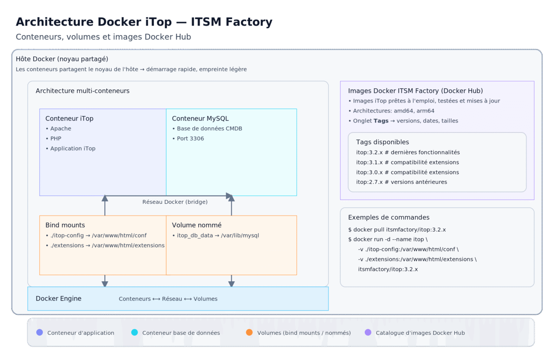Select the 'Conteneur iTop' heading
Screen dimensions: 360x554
pyautogui.click(x=69, y=119)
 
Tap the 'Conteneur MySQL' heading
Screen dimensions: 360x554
pyautogui.click(x=200, y=119)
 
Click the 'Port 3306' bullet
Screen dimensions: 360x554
pyautogui.click(x=190, y=138)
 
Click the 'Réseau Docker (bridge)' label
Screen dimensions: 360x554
pyautogui.click(x=175, y=202)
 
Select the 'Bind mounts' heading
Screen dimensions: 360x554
pyautogui.click(x=65, y=225)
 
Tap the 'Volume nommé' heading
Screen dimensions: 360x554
pyautogui.click(x=196, y=225)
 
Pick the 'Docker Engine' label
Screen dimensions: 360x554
pyautogui.click(x=58, y=299)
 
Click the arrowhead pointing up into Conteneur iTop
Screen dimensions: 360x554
pyautogui.click(x=105, y=198)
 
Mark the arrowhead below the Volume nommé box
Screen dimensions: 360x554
pyautogui.click(x=231, y=284)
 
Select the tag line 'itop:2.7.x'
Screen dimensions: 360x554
pyautogui.click(x=401, y=182)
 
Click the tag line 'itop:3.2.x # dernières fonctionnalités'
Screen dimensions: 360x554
pyautogui.click(x=408, y=152)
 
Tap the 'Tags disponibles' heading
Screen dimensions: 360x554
pyautogui.click(x=382, y=142)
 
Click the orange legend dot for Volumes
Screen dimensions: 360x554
pyautogui.click(x=249, y=332)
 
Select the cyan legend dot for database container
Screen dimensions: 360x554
pyautogui.click(x=134, y=332)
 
